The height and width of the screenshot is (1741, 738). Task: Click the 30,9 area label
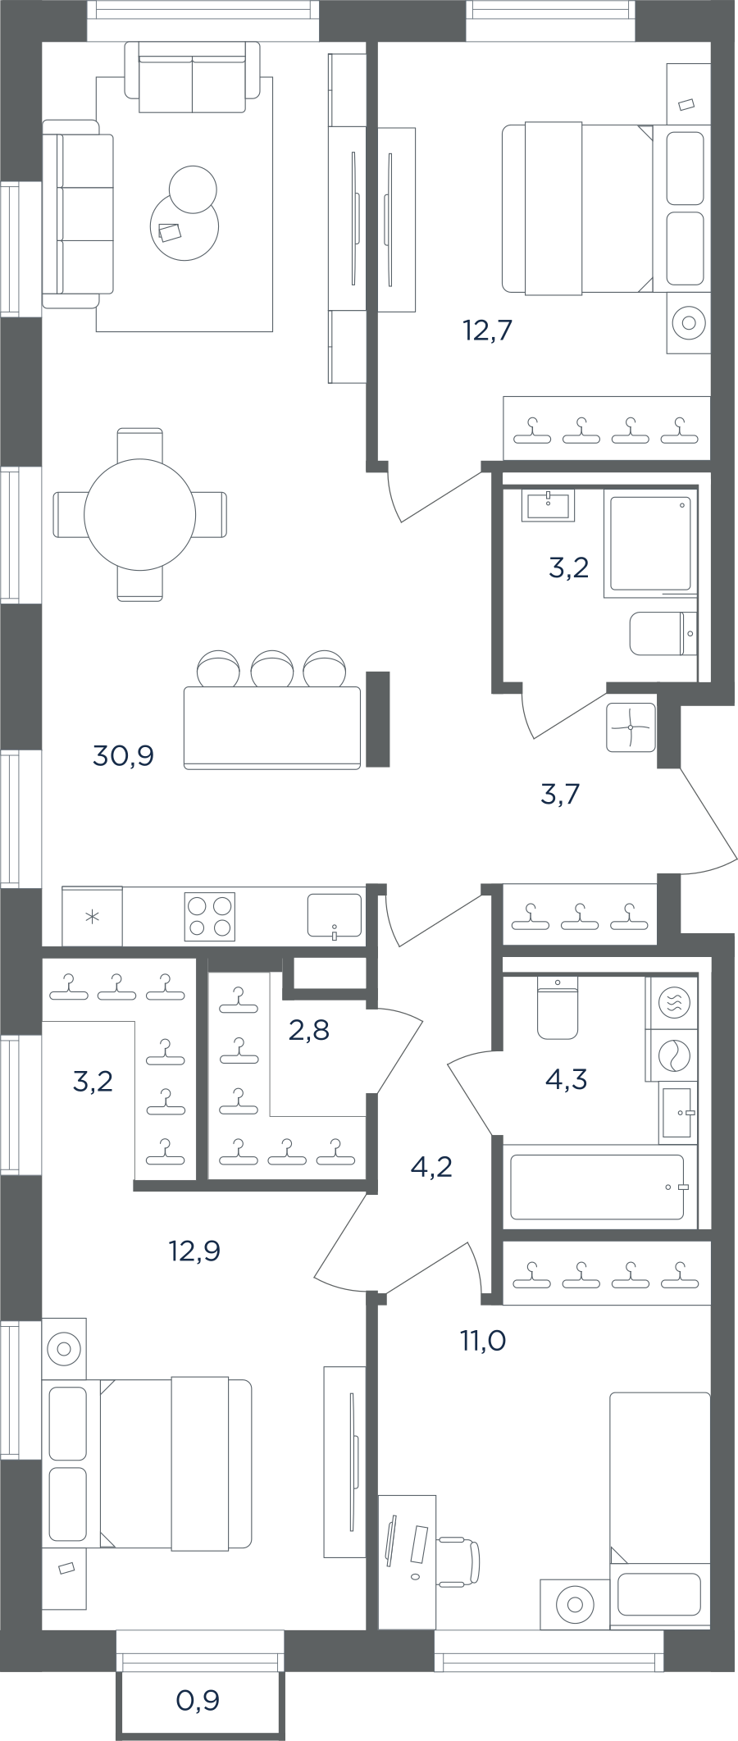click(x=124, y=755)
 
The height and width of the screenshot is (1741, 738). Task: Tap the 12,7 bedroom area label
click(x=488, y=330)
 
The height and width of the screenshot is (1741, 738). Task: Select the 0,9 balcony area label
click(x=198, y=1700)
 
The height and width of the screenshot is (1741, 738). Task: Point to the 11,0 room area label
click(x=482, y=1341)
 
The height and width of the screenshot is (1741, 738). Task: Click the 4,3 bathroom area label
click(x=566, y=1079)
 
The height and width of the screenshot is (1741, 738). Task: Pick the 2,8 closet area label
click(x=308, y=1029)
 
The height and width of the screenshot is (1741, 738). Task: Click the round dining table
click(x=140, y=515)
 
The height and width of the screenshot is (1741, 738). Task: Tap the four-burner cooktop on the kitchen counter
click(x=211, y=916)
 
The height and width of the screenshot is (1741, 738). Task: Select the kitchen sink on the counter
click(x=334, y=915)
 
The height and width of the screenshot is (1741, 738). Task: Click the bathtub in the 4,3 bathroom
click(x=597, y=1187)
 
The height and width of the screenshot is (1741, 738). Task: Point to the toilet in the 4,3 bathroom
click(x=558, y=1007)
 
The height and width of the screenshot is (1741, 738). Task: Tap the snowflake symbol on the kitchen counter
click(x=93, y=916)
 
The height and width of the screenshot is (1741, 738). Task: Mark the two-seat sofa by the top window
click(x=192, y=77)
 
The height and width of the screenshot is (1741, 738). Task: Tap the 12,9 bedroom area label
click(x=194, y=1251)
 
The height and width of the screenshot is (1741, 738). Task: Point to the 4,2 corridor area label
click(x=431, y=1166)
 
